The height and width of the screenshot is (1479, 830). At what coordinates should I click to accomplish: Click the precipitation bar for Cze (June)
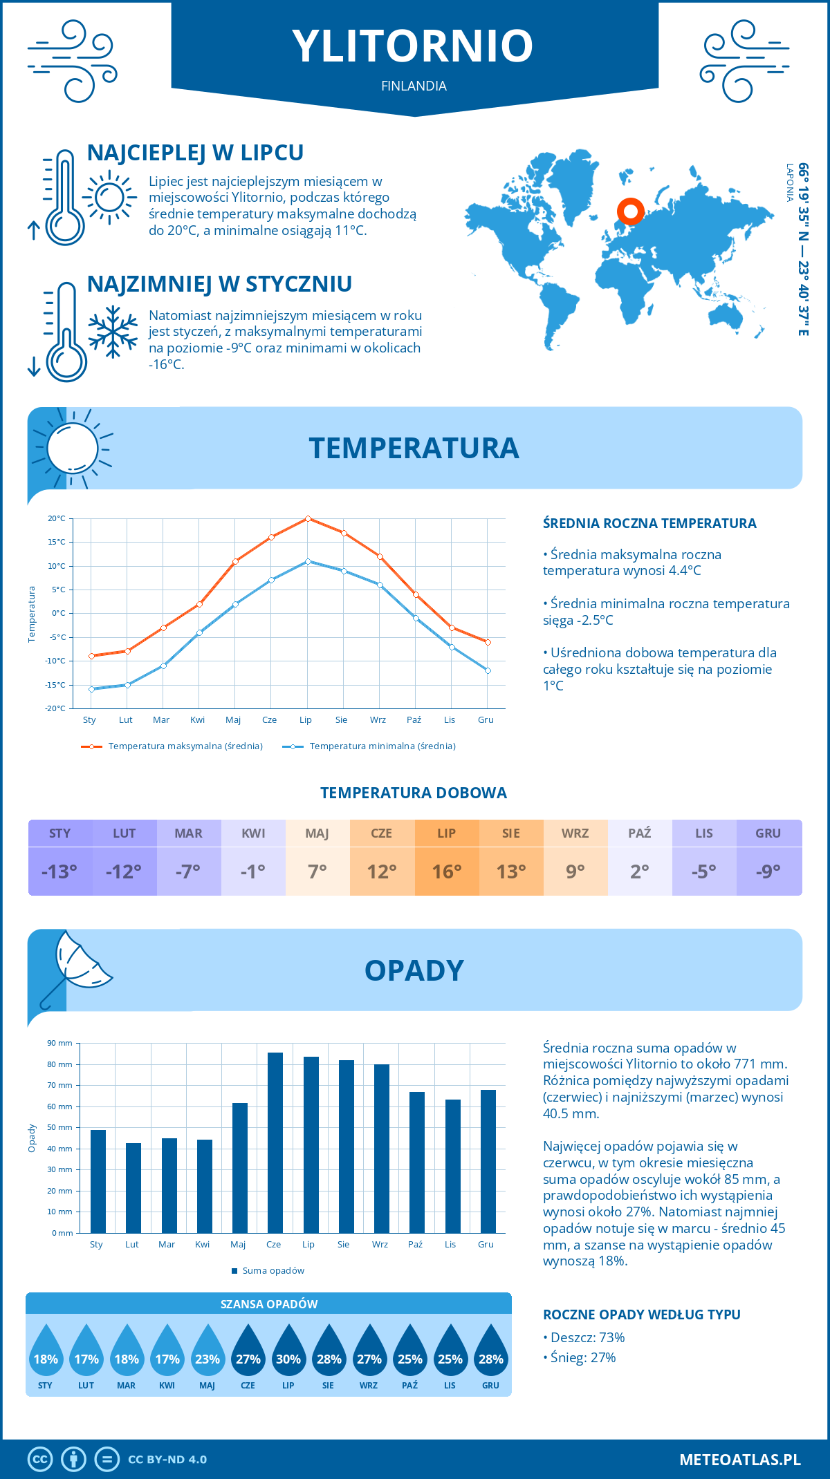[x=275, y=1143]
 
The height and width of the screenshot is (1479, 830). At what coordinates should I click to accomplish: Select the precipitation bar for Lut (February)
[x=133, y=1188]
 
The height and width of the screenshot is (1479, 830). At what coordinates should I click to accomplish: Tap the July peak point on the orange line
[x=308, y=518]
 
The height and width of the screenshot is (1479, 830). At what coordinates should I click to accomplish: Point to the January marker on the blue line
[x=91, y=689]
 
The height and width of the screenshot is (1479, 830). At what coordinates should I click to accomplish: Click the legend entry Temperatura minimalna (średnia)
[x=369, y=746]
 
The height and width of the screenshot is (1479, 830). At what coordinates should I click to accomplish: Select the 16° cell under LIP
[x=446, y=872]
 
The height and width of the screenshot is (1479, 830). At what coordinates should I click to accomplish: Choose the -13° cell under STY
[x=60, y=872]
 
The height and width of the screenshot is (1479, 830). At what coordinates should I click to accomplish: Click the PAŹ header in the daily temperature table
[x=639, y=833]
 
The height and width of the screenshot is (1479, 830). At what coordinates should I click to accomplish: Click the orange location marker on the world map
[x=630, y=211]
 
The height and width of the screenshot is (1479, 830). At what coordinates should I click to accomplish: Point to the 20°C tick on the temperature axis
[x=57, y=518]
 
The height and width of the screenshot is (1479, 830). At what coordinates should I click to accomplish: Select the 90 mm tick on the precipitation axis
[x=60, y=1044]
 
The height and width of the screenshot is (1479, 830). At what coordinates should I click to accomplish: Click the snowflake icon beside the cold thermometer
[x=113, y=332]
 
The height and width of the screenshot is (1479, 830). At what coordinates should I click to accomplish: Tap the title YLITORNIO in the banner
[x=413, y=46]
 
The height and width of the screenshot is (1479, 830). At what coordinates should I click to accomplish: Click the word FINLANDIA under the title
[x=414, y=86]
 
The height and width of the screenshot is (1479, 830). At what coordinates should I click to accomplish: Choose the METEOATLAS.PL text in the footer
[x=739, y=1460]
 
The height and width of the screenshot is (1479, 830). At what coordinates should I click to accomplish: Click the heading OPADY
[x=414, y=970]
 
